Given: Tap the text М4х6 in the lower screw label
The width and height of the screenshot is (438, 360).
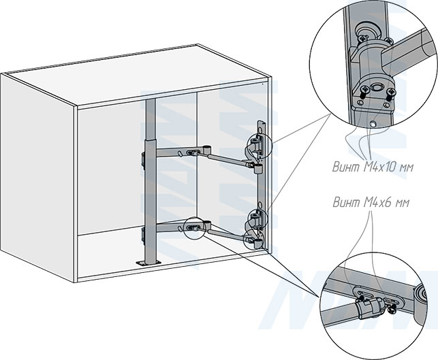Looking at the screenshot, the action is (x=377, y=202).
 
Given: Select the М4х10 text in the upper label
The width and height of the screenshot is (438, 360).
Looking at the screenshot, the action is (x=381, y=167).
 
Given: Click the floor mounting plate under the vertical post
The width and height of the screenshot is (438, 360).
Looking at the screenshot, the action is (x=148, y=263).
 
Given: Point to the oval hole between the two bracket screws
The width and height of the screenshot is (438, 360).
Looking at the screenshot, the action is (x=376, y=88).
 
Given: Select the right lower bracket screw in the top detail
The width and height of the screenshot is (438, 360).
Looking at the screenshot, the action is (x=391, y=93).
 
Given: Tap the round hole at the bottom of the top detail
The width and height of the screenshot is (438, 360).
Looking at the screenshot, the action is (x=372, y=124).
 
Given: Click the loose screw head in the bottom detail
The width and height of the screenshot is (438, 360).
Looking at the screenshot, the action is (x=392, y=308).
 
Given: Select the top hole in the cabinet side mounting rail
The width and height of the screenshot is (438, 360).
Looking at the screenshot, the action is (x=260, y=130).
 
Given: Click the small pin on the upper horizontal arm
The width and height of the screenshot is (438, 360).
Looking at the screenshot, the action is (x=180, y=154).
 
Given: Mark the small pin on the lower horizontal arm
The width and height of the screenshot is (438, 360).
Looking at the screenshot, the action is (x=180, y=229).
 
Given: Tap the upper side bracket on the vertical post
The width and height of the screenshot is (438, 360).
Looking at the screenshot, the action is (x=143, y=161).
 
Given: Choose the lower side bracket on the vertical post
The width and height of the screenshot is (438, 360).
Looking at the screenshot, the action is (x=144, y=236).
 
